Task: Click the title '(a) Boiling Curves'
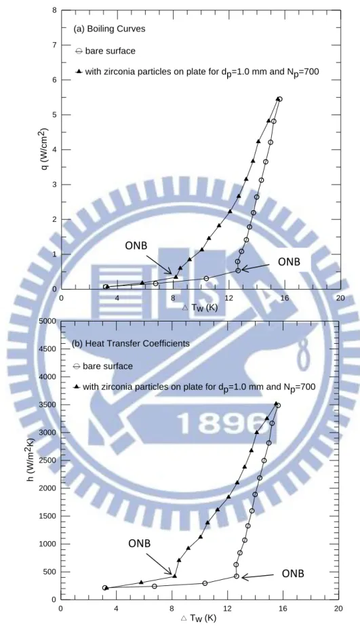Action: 109,29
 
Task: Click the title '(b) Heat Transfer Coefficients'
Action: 131,343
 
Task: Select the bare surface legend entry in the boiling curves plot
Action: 105,51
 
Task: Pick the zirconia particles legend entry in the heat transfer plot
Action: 195,387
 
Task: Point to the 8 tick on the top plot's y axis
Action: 54,10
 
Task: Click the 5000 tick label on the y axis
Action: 47,321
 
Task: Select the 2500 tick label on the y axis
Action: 47,461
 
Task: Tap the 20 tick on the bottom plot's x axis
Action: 338,608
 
